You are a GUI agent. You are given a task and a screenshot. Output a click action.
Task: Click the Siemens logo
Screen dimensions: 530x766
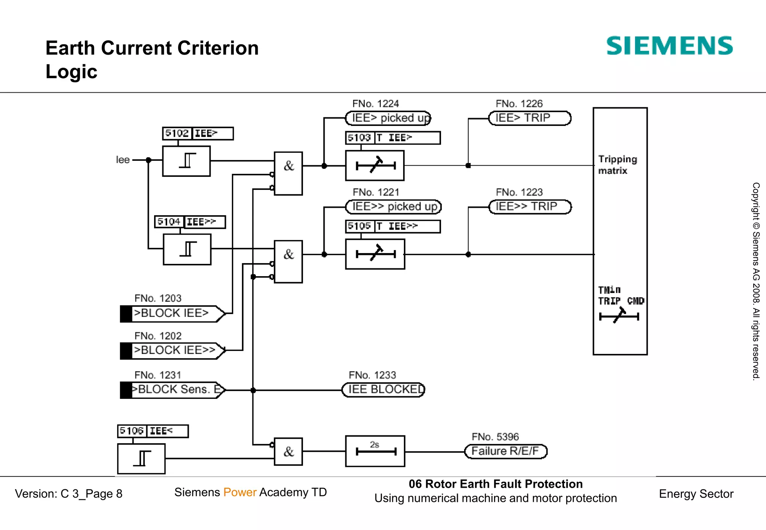(669, 46)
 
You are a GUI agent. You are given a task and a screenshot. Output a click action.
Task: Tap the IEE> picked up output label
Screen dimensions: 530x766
(388, 118)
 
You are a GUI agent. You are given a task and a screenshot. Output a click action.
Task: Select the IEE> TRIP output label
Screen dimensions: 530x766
(530, 118)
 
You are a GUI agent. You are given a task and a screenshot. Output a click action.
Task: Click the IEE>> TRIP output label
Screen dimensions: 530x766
(530, 207)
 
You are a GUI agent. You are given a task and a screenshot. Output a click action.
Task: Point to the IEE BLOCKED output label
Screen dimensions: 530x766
(384, 390)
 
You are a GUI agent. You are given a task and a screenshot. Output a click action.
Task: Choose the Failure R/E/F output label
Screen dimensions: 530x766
(506, 451)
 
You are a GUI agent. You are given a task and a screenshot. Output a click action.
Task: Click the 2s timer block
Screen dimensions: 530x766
(375, 451)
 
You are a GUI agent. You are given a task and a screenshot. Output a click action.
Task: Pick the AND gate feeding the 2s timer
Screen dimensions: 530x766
(288, 452)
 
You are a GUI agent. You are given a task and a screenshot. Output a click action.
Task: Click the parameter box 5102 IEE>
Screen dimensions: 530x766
(198, 133)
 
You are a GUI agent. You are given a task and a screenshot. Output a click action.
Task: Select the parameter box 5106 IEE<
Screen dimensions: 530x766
(153, 431)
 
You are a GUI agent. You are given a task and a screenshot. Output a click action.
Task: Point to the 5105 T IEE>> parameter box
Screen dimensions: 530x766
(393, 227)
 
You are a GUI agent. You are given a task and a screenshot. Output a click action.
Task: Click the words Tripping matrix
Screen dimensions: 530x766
(617, 165)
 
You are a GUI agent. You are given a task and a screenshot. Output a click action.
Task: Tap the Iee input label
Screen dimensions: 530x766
(123, 160)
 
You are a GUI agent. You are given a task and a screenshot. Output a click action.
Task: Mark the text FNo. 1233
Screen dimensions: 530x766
(372, 375)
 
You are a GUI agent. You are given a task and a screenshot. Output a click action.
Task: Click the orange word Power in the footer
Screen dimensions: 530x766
(240, 492)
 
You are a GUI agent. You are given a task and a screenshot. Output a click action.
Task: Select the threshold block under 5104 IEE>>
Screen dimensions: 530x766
(187, 249)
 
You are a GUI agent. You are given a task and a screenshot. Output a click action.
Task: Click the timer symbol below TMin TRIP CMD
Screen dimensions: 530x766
(619, 316)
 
